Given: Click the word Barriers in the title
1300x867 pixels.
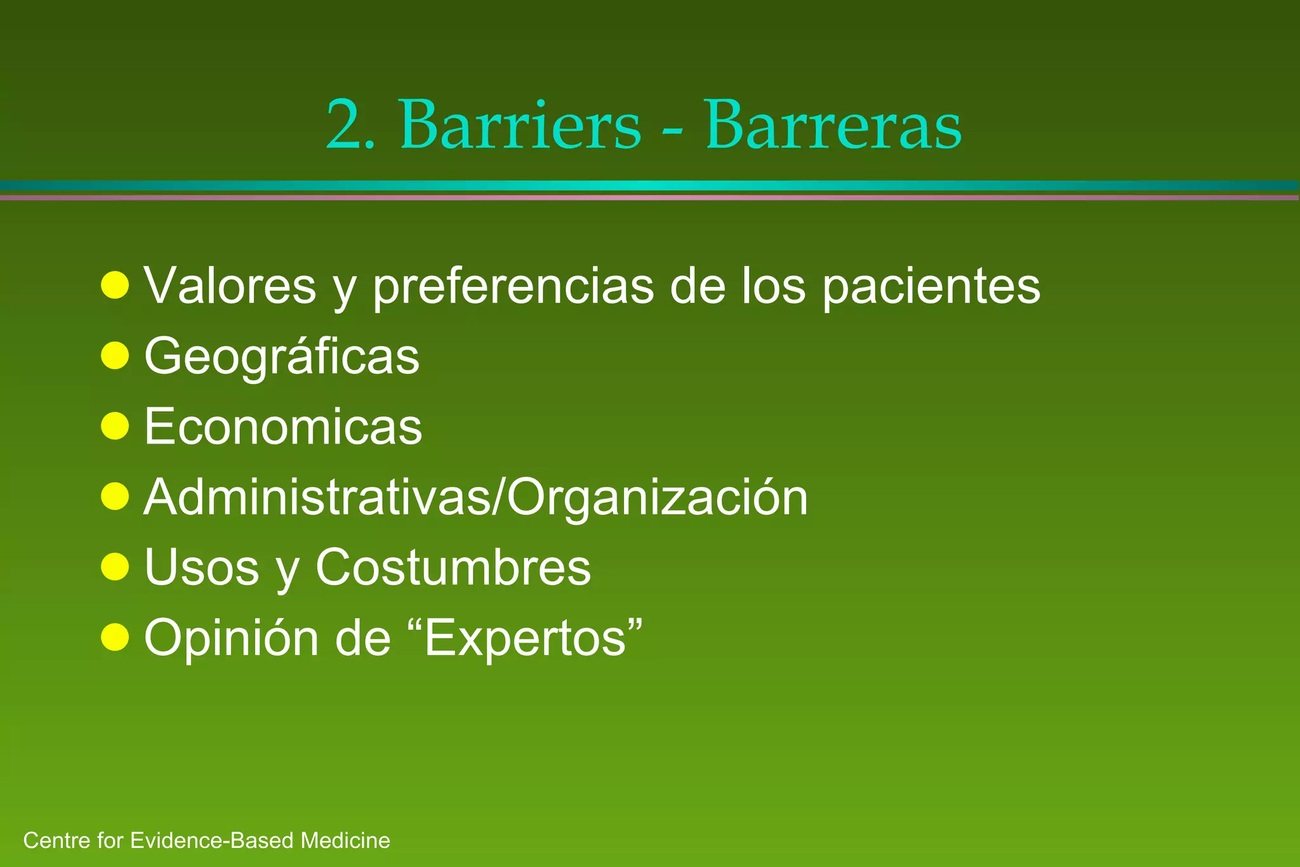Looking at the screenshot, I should click(520, 125).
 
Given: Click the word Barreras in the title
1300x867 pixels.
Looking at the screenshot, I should click(833, 125).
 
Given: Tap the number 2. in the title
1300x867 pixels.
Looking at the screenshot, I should click(350, 125).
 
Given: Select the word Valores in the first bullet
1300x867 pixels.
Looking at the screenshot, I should click(230, 286).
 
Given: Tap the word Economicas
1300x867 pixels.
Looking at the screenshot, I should click(283, 427).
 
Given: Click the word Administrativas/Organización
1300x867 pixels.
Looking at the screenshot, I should click(476, 497).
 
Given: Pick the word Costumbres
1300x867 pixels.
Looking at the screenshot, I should click(453, 567).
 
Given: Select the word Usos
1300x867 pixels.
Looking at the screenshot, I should click(202, 567).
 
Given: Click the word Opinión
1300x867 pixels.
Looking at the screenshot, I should click(232, 638).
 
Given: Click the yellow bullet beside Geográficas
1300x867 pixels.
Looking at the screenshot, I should click(115, 355).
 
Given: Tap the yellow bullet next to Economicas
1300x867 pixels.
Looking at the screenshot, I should click(115, 426).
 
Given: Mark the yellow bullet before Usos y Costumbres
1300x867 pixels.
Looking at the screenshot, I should click(115, 566).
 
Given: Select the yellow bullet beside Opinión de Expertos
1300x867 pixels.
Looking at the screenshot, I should click(115, 637).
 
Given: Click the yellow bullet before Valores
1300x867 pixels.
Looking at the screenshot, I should click(115, 286).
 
